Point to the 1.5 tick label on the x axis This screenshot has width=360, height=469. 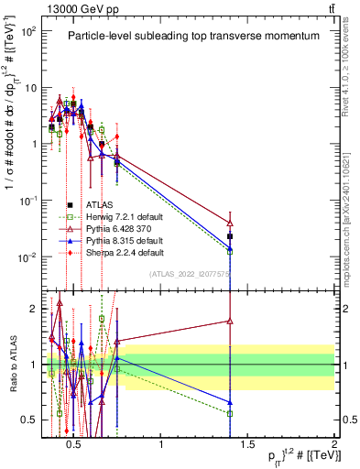[x=247, y=445]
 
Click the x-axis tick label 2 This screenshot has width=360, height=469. [x=333, y=445]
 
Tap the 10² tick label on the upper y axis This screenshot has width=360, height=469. [x=28, y=31]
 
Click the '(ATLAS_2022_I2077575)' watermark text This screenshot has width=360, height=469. [x=190, y=273]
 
